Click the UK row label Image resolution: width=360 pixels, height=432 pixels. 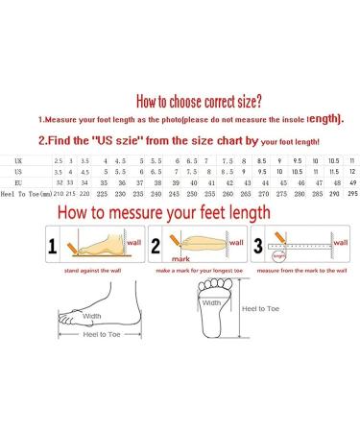[x=19, y=159]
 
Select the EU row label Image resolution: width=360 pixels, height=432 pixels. [x=19, y=181]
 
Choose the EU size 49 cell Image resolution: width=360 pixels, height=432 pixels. [x=351, y=181]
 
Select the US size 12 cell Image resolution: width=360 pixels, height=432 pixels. [x=352, y=170]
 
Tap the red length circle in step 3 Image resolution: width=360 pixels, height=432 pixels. [x=278, y=255]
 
